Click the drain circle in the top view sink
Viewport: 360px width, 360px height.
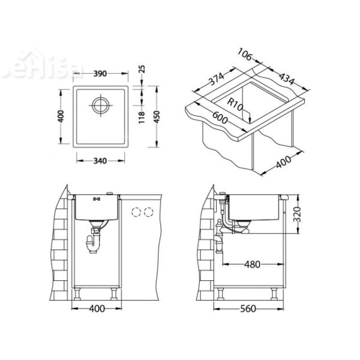99,106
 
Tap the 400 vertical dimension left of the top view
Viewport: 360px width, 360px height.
61,116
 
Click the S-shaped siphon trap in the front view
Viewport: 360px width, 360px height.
94,241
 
